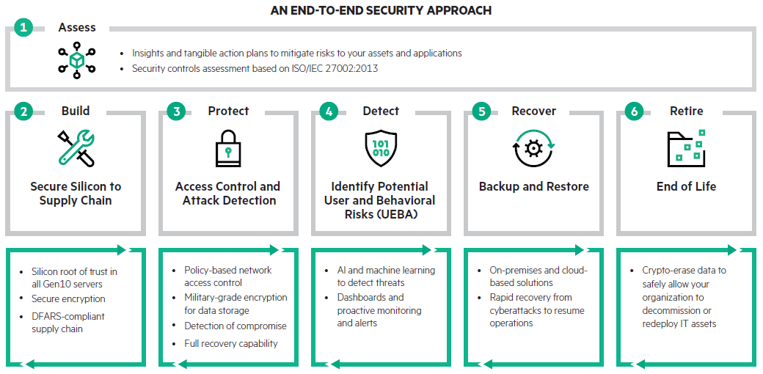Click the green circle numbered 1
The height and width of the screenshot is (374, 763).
pos(23,28)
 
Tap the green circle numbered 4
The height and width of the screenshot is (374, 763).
pos(330,111)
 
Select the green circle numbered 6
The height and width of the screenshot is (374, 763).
pos(635,111)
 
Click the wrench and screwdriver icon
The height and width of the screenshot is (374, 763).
pos(76,148)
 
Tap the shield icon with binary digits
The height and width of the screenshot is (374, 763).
pos(381,149)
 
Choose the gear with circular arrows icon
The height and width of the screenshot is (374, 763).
pos(533,147)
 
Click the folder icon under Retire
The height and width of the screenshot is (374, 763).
pos(686,147)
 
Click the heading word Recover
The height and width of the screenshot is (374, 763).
pos(533,111)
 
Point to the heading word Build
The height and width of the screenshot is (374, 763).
pos(76,111)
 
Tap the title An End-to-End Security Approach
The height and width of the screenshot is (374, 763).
pos(381,10)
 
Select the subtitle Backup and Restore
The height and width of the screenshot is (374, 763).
pos(533,186)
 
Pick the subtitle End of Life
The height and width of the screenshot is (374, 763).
pos(686,186)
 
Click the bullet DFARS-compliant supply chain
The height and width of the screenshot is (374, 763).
pos(67,322)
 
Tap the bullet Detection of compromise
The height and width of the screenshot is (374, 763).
pos(235,326)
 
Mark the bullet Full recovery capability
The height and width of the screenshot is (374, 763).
pos(231,343)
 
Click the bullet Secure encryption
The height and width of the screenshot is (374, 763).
pos(68,298)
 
